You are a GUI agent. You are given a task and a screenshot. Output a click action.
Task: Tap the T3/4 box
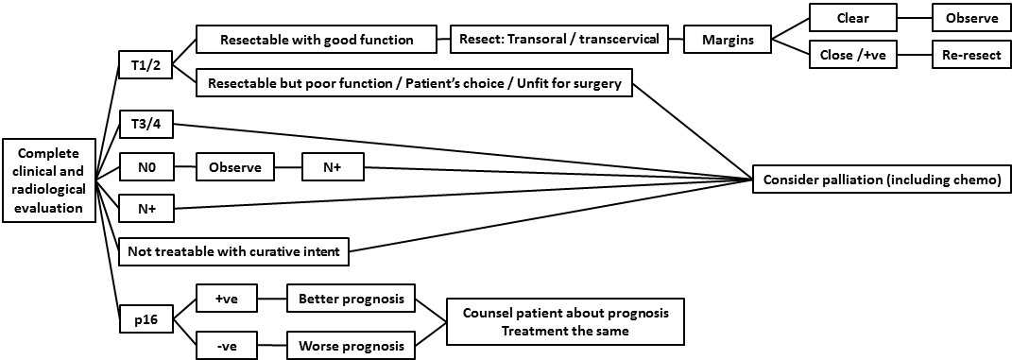[x=145, y=126]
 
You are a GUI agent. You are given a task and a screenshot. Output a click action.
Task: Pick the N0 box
[x=145, y=168]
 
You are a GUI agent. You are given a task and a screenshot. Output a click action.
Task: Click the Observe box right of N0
[x=235, y=168]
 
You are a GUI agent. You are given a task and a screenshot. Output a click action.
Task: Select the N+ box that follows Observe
[x=332, y=168]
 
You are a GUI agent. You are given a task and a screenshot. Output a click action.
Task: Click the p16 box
[x=145, y=320]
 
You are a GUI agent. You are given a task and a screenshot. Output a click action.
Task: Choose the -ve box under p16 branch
[x=226, y=347]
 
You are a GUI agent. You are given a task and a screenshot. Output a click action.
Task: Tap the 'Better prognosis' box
[x=352, y=300]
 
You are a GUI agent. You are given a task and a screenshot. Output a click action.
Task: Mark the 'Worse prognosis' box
[x=352, y=347]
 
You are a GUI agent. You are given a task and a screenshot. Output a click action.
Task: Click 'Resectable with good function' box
[x=317, y=40]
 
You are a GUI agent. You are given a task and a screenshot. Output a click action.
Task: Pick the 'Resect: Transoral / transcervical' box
[x=558, y=40]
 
